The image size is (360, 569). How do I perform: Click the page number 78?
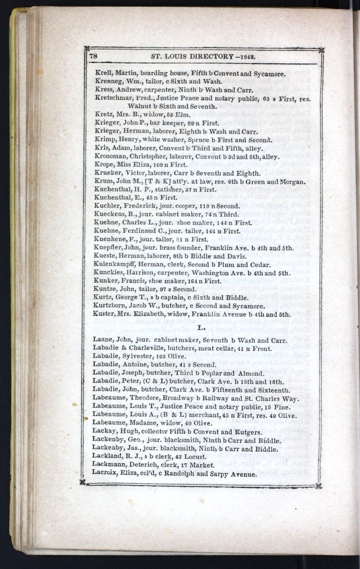(93, 56)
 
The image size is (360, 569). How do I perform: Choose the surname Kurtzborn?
(111, 306)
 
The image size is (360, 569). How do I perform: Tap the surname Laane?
(103, 340)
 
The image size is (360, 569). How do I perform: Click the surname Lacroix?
(105, 474)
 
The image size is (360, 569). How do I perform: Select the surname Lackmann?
(108, 465)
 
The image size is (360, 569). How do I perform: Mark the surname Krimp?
(105, 140)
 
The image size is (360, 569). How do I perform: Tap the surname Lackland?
(107, 457)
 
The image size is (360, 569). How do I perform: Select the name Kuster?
(104, 315)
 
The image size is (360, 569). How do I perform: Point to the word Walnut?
(139, 106)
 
